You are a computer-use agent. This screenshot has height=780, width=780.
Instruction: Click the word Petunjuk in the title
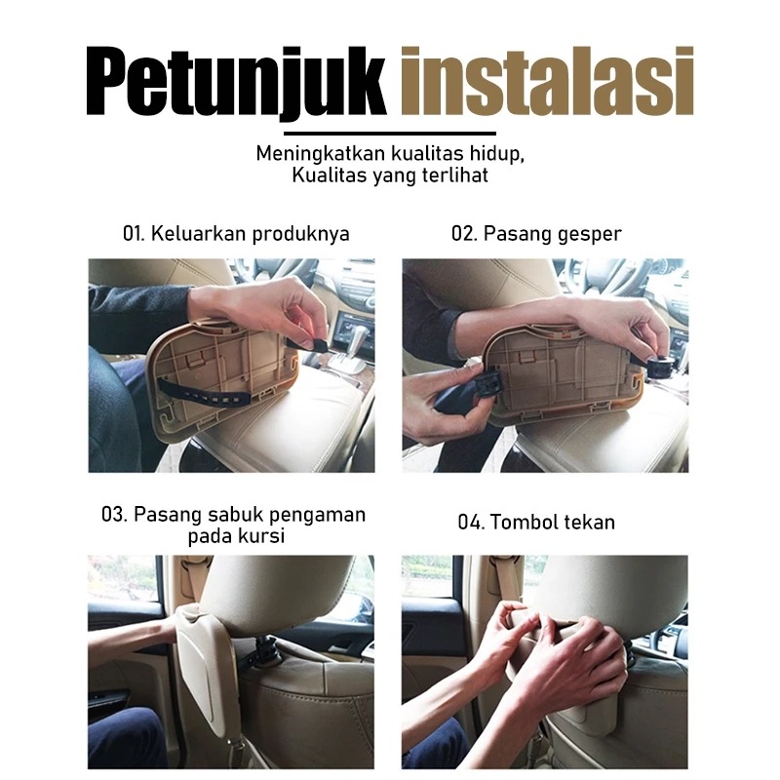point(236,83)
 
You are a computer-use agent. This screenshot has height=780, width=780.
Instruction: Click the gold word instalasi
point(547,81)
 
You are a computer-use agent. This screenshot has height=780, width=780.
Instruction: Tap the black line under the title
point(389,134)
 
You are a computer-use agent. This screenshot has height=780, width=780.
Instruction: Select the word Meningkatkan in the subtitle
point(321,153)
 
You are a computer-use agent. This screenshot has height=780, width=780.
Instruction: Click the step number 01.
point(134,234)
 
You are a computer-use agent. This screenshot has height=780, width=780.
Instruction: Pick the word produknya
point(300,234)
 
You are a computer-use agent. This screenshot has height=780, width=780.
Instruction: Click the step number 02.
point(464,234)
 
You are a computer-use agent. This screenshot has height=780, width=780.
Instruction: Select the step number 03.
point(114,515)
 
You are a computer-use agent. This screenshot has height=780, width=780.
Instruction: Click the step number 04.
point(471,523)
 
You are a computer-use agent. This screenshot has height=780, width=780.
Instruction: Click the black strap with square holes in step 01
point(205,392)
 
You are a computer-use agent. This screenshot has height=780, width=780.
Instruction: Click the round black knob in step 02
point(661,367)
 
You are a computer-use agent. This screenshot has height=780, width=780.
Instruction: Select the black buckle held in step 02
point(487,383)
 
